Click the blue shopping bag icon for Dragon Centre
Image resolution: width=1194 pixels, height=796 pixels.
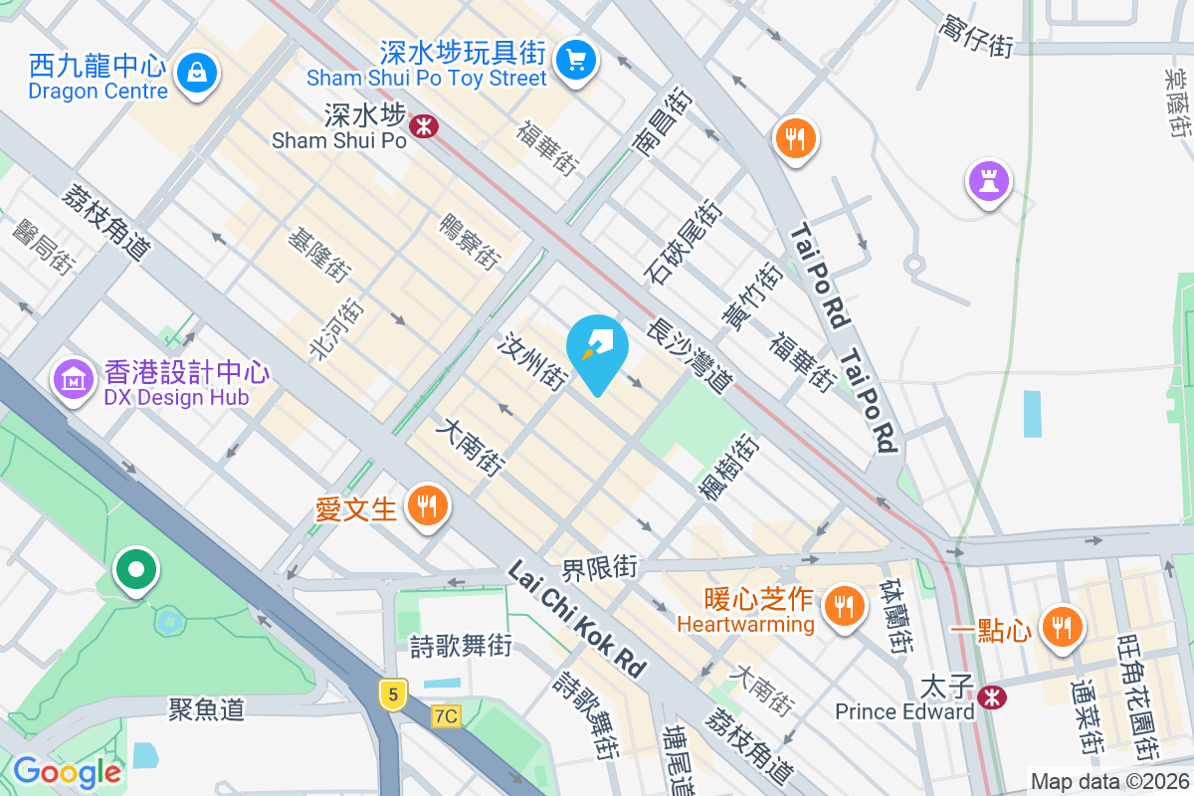[197, 72]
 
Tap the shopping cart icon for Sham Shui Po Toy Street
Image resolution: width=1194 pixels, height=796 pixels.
[574, 58]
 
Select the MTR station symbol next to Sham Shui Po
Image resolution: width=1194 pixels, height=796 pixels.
[424, 126]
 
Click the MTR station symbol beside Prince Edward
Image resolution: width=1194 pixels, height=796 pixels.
[991, 696]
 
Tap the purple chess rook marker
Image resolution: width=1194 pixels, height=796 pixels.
[989, 181]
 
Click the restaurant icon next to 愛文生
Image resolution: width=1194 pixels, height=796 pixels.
[427, 507]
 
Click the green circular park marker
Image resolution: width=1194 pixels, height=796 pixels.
[136, 569]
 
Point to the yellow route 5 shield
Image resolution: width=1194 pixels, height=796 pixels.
[394, 695]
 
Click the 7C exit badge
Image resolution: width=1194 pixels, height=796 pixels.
[447, 715]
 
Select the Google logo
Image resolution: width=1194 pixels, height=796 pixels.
[67, 771]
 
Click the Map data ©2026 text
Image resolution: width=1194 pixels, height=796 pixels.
[1109, 782]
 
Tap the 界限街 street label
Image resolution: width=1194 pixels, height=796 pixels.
[599, 569]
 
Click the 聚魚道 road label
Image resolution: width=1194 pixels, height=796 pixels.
[206, 708]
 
